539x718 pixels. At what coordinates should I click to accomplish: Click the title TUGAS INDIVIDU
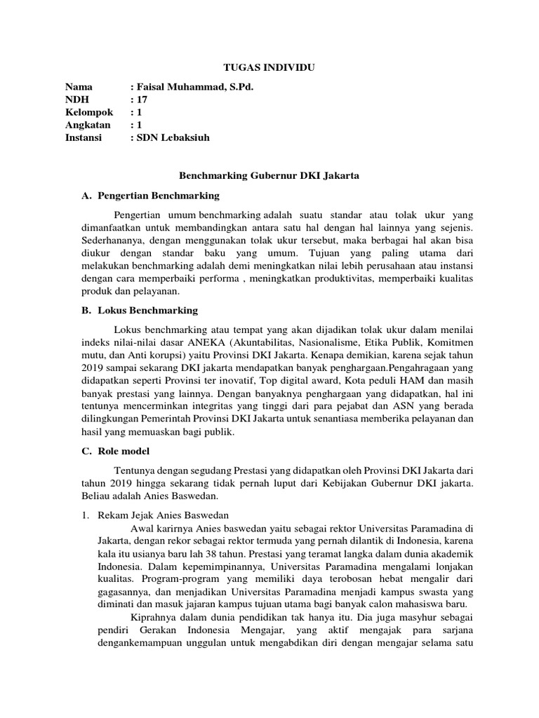(269, 67)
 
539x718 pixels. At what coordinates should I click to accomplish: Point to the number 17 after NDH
(141, 100)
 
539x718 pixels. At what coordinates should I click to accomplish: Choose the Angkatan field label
(88, 125)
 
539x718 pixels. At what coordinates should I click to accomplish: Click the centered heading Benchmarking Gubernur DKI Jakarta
(269, 176)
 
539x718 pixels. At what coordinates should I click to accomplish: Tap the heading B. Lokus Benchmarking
(140, 310)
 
